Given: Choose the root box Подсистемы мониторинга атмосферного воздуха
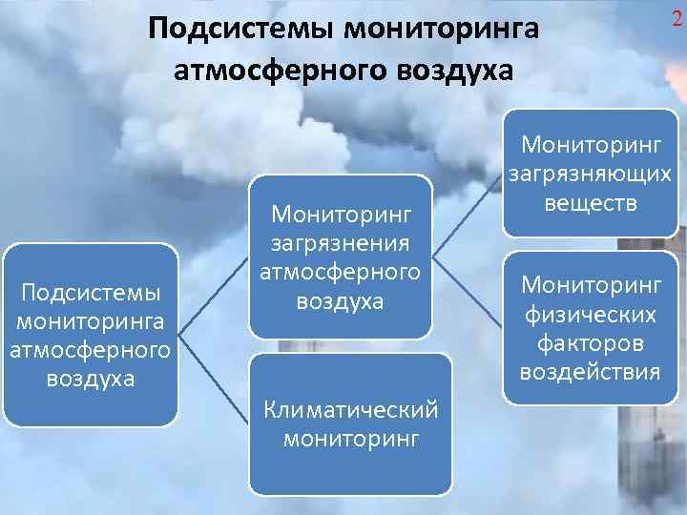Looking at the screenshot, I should point(90,334).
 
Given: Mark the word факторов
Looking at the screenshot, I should point(589,341).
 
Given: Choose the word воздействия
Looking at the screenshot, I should point(589,371).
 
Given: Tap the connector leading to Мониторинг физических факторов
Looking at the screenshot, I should point(467,291).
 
